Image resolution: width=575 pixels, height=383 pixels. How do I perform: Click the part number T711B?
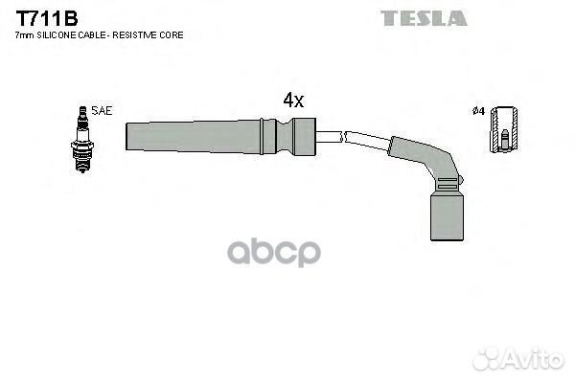click(x=47, y=18)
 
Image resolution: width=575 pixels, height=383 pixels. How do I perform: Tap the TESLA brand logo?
click(x=424, y=18)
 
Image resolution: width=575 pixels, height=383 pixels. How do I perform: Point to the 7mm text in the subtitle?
click(x=25, y=35)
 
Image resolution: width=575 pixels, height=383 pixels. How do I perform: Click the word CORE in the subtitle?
click(x=172, y=35)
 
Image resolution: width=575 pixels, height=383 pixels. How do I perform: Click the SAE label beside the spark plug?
click(x=102, y=111)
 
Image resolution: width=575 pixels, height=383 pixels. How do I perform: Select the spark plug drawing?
click(x=82, y=139)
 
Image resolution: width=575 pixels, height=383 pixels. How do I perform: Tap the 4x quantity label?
click(x=293, y=100)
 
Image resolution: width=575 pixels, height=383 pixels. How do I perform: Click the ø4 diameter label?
click(x=478, y=111)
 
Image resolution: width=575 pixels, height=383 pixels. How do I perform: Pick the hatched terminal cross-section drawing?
click(x=505, y=129)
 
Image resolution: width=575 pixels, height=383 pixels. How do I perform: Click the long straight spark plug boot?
click(x=220, y=136)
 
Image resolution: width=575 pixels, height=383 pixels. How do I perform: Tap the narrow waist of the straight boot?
click(x=285, y=136)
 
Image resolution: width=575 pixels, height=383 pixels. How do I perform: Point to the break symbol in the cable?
click(x=342, y=137)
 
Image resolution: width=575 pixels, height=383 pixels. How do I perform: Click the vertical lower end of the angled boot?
click(x=447, y=217)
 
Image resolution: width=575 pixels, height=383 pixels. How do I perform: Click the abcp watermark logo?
click(x=274, y=252)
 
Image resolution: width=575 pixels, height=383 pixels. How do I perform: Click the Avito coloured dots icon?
click(x=488, y=359)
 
